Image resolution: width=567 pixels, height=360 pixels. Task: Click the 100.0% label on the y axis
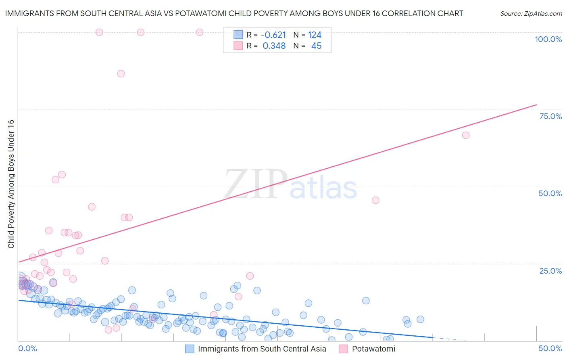[548, 39]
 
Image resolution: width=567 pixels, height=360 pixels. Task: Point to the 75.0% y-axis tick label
[550, 116]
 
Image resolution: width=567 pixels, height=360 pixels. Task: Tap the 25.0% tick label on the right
[550, 271]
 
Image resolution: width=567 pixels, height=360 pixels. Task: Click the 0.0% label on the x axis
[27, 348]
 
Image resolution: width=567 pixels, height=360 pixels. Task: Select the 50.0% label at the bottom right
[550, 348]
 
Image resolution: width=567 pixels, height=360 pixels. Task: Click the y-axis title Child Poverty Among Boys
[11, 184]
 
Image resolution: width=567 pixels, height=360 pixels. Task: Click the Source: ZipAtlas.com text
[531, 13]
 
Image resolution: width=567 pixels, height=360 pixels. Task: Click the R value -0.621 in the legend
[274, 35]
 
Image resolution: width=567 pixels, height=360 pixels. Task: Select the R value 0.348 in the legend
[274, 46]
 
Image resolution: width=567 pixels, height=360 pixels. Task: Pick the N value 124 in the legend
[315, 35]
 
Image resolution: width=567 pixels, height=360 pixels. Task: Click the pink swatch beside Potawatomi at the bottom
[343, 349]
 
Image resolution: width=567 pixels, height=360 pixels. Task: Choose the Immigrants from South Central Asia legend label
[262, 349]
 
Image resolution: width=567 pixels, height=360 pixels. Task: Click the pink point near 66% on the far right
[465, 135]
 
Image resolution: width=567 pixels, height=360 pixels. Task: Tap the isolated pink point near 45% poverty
[375, 200]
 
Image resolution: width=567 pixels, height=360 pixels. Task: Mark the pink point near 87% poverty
[121, 73]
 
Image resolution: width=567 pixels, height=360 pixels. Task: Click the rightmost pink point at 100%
[199, 32]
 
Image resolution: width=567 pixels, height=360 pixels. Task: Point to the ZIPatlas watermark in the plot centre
[290, 184]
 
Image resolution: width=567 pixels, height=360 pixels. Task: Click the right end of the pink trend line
[536, 105]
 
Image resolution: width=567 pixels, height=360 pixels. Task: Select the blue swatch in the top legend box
[238, 35]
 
